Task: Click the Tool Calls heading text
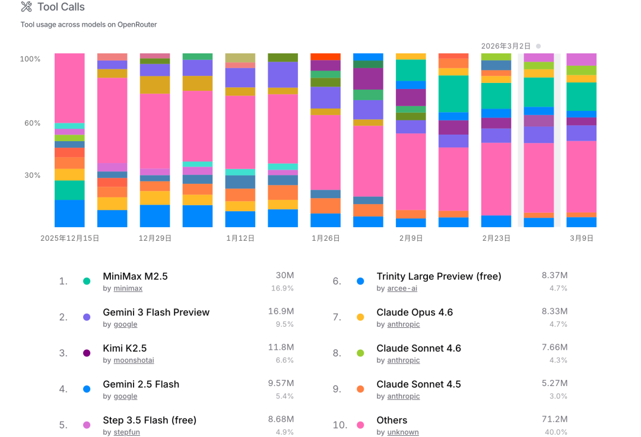(x=61, y=7)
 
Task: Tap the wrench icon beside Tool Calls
(x=26, y=7)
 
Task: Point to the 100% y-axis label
(x=30, y=59)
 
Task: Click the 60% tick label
(x=32, y=123)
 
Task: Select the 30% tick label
(x=32, y=176)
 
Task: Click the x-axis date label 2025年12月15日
(x=70, y=238)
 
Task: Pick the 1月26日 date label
(x=326, y=238)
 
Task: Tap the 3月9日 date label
(x=582, y=238)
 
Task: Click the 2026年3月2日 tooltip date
(x=506, y=46)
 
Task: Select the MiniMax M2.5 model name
(x=135, y=276)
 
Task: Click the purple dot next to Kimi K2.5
(x=87, y=353)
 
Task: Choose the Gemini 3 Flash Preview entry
(x=156, y=312)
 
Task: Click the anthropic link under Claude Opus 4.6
(x=404, y=324)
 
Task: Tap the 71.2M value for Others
(x=556, y=420)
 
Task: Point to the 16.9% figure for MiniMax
(x=283, y=288)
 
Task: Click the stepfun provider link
(x=126, y=432)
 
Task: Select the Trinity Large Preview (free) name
(x=439, y=276)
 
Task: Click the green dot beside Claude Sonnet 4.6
(x=360, y=353)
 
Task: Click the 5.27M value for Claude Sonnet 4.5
(x=555, y=384)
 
